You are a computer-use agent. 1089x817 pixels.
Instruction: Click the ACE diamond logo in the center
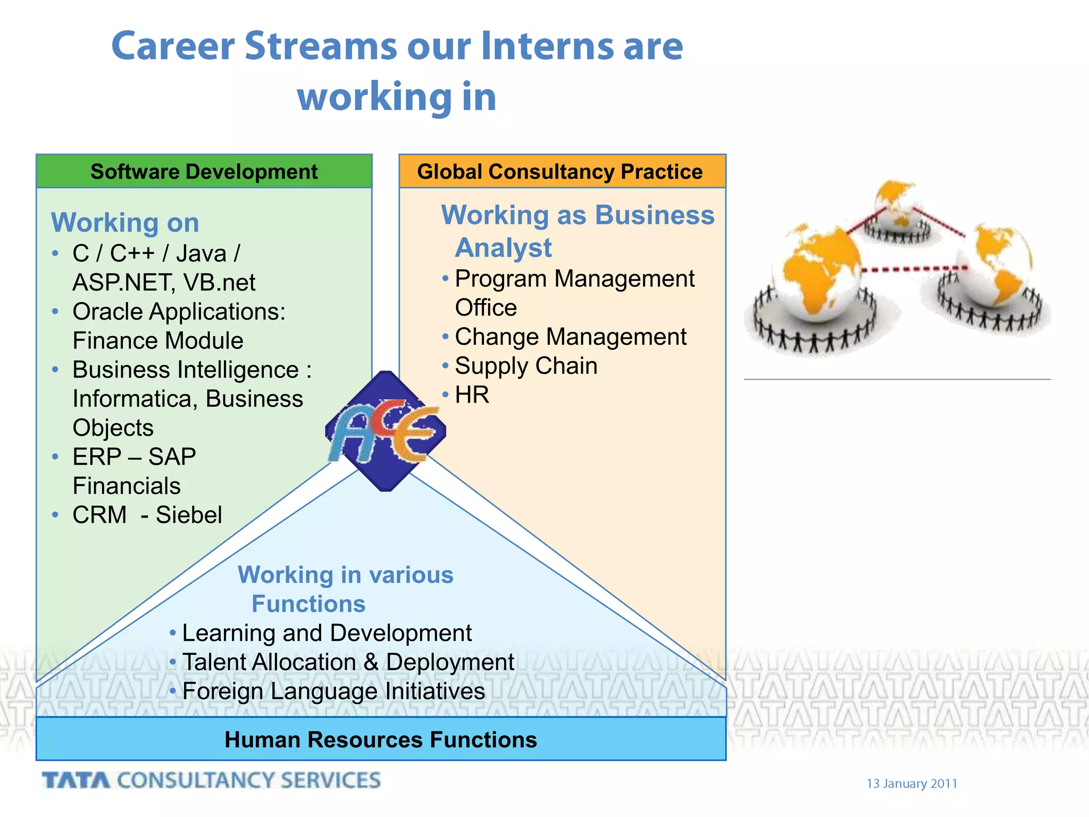point(386,431)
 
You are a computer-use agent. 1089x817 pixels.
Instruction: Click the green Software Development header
point(204,172)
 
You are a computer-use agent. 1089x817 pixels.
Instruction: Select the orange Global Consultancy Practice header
point(562,172)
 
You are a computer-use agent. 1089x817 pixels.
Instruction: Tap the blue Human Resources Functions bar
point(381,739)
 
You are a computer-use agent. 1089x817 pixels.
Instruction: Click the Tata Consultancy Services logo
point(211,780)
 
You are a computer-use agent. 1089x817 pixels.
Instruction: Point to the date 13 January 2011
point(911,783)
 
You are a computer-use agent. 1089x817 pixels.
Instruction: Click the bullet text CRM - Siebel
point(147,515)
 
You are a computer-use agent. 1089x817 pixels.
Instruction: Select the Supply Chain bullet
point(526,366)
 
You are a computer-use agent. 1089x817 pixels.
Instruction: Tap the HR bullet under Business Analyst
point(472,395)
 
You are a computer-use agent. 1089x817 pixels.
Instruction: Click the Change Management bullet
point(570,337)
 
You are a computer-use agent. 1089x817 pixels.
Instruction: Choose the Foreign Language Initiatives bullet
point(333,691)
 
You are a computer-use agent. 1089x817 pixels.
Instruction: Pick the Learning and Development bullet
point(326,633)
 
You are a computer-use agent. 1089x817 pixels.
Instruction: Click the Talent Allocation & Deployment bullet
point(348,662)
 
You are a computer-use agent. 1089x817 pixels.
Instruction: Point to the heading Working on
point(125,222)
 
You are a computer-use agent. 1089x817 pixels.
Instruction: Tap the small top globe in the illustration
point(898,205)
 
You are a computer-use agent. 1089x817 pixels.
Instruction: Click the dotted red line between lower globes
point(912,269)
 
